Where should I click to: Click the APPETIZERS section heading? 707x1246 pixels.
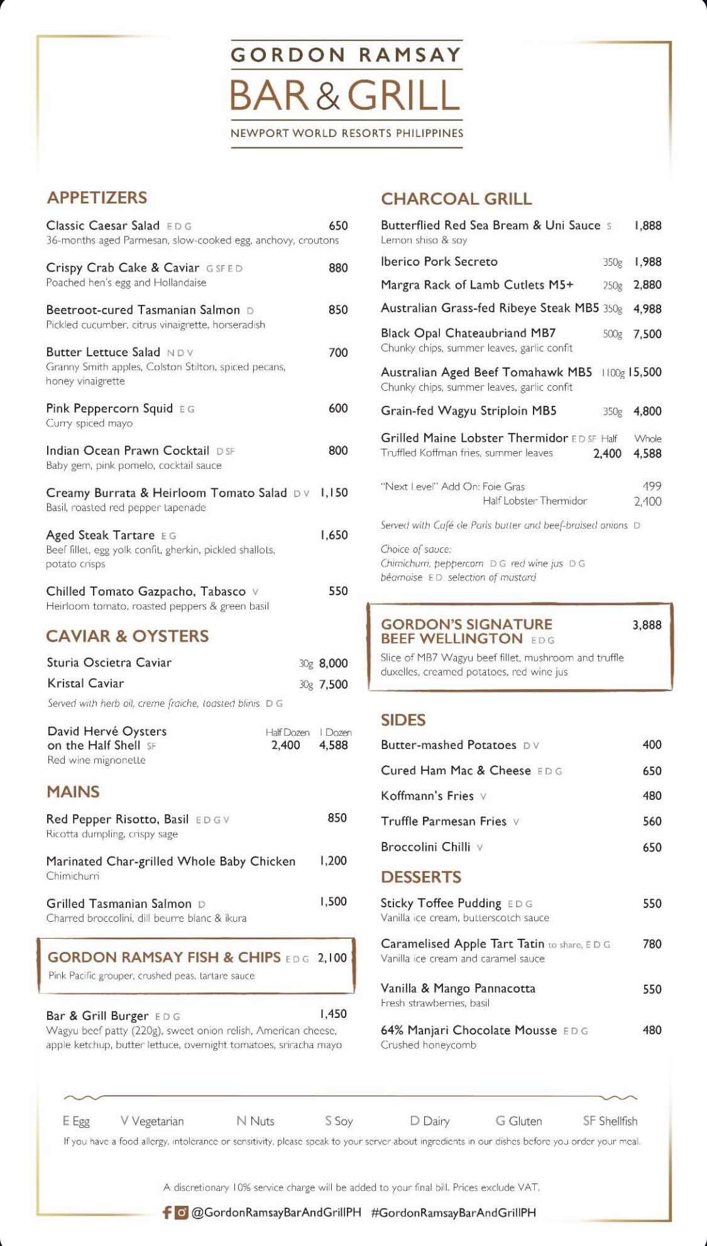point(97,197)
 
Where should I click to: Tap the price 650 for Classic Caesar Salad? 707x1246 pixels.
point(338,226)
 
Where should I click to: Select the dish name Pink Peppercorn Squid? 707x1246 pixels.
point(109,408)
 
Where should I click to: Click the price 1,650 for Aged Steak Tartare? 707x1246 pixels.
point(334,535)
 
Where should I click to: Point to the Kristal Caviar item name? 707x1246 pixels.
point(85,683)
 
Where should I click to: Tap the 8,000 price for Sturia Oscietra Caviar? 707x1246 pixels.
point(333,663)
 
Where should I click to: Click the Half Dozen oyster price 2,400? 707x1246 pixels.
point(285,745)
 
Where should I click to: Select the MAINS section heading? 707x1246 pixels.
point(73,791)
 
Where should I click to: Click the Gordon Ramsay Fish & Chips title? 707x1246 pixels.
point(164,957)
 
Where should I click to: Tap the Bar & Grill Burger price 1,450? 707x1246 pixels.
point(333,1014)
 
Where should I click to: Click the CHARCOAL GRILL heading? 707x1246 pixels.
point(456,199)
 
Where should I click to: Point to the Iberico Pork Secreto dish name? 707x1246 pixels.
point(439,261)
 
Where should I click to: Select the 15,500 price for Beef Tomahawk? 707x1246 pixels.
point(645,372)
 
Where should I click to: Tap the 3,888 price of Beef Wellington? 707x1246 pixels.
point(647,625)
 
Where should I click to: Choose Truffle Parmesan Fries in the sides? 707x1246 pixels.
point(443,821)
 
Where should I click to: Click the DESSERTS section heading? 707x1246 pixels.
point(421,877)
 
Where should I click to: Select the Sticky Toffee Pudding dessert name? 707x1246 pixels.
point(441,903)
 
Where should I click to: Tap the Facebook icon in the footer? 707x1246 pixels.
point(167,1212)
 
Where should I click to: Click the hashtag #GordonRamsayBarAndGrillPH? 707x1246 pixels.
point(453,1212)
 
